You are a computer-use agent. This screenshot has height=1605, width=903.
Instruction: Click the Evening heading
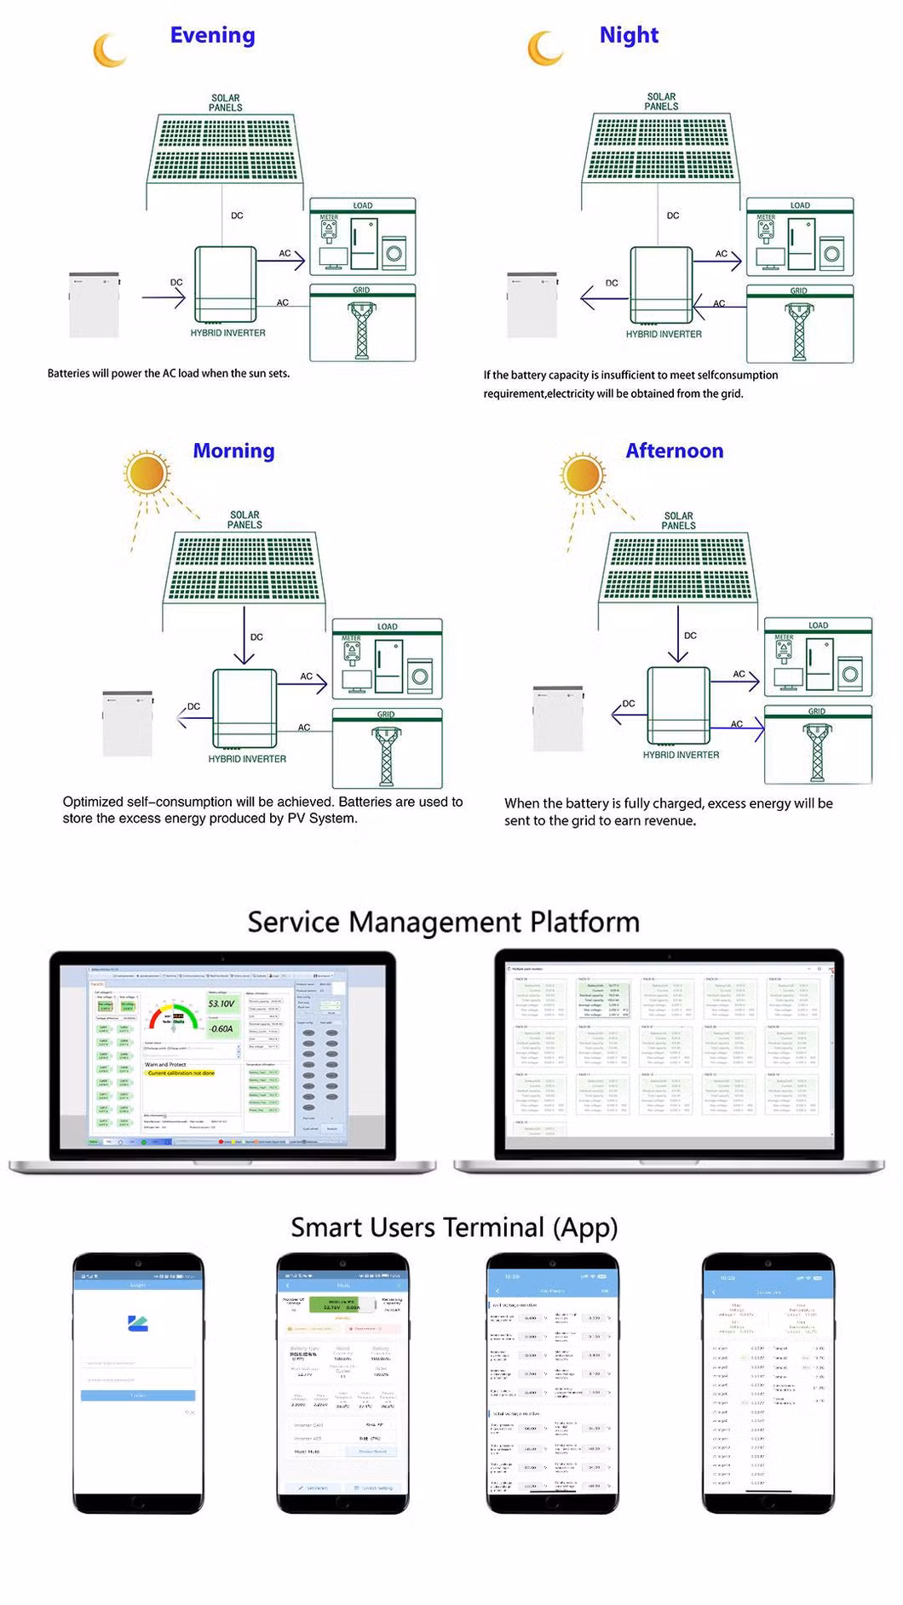pyautogui.click(x=212, y=35)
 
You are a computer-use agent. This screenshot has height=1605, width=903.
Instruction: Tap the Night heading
pyautogui.click(x=629, y=35)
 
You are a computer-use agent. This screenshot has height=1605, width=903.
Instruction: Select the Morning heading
pyautogui.click(x=233, y=451)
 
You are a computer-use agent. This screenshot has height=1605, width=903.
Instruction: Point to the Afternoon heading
pyautogui.click(x=674, y=451)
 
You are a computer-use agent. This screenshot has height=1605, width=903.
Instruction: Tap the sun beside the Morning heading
pyautogui.click(x=146, y=473)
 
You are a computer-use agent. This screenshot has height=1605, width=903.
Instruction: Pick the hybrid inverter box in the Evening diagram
pyautogui.click(x=226, y=284)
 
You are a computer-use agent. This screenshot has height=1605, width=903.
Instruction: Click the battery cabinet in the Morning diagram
pyautogui.click(x=128, y=723)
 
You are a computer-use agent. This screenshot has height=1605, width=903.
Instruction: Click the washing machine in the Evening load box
pyautogui.click(x=394, y=253)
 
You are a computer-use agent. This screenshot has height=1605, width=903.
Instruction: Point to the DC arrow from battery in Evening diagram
pyautogui.click(x=164, y=297)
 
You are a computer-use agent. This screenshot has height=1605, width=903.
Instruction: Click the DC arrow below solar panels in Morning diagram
pyautogui.click(x=244, y=636)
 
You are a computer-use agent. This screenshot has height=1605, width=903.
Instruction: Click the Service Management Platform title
pyautogui.click(x=443, y=922)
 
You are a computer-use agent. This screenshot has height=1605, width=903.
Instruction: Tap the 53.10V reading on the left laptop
pyautogui.click(x=221, y=1004)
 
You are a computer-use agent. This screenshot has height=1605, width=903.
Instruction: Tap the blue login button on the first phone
pyautogui.click(x=138, y=1395)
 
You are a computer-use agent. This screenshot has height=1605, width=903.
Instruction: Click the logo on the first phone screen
pyautogui.click(x=138, y=1323)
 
